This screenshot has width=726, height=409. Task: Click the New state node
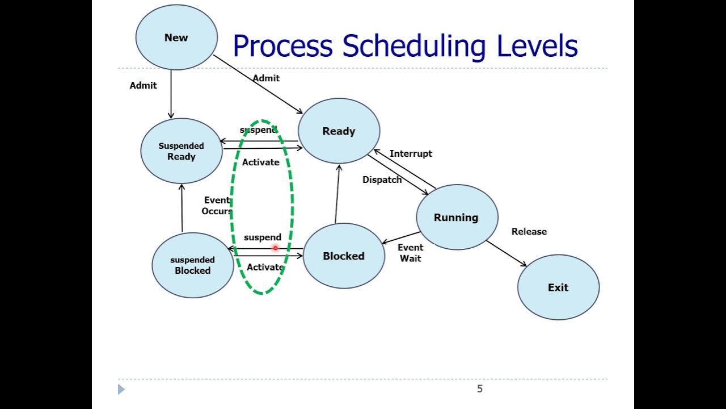point(176,37)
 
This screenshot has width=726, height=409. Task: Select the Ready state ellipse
point(339,131)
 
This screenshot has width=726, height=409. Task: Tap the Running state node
point(457,217)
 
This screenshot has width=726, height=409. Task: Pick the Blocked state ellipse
point(344,256)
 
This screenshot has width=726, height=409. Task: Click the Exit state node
point(558,287)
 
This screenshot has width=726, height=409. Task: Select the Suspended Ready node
point(181,151)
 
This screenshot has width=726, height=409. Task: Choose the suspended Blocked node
point(193,265)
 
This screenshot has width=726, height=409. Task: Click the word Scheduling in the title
point(413,46)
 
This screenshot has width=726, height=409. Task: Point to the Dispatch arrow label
point(382,180)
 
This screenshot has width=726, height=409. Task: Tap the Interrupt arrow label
point(411,153)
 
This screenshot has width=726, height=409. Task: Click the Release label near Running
point(529,231)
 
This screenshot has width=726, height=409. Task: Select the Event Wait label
point(411,253)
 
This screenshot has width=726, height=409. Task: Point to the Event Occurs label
point(217,206)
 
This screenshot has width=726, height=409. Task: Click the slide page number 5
point(480,389)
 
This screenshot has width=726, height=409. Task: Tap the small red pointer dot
point(276,248)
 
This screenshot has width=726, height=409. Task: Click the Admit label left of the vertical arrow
point(143,85)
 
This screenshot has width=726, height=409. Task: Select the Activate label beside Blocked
point(265,267)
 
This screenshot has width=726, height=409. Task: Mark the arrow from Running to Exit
point(506,253)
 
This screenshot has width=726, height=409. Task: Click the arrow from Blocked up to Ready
point(337,193)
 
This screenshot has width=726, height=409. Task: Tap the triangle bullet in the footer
point(121,389)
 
